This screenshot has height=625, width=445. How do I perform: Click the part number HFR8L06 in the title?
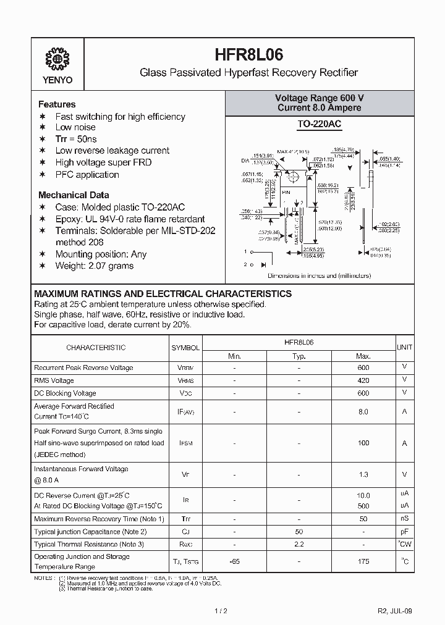point(250,53)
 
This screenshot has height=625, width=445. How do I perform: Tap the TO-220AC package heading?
point(319,124)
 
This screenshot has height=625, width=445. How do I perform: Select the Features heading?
point(57,104)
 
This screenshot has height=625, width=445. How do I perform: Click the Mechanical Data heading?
point(74,194)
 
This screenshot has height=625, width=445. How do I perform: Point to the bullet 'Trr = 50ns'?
point(76,139)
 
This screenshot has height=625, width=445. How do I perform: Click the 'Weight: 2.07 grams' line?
point(94,266)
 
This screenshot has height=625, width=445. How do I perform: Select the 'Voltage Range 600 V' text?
point(319,98)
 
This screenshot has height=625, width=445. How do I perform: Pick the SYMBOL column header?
point(185,348)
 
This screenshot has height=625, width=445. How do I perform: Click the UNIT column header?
point(405,348)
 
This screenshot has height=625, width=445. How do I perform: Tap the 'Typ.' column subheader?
point(299,356)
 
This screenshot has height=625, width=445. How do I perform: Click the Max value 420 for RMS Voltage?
point(363,380)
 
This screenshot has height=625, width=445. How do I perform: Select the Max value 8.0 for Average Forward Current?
point(363,412)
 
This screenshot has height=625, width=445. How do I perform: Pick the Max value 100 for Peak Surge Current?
point(363,443)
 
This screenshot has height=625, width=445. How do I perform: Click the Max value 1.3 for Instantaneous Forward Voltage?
point(363,474)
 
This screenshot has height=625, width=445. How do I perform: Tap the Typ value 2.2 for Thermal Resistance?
point(299,544)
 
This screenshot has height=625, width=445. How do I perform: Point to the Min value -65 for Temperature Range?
point(234,561)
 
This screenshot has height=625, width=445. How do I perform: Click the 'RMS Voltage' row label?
point(54,380)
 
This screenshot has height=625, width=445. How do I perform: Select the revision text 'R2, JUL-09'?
point(394,611)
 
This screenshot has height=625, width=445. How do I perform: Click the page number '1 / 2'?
point(222,611)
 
